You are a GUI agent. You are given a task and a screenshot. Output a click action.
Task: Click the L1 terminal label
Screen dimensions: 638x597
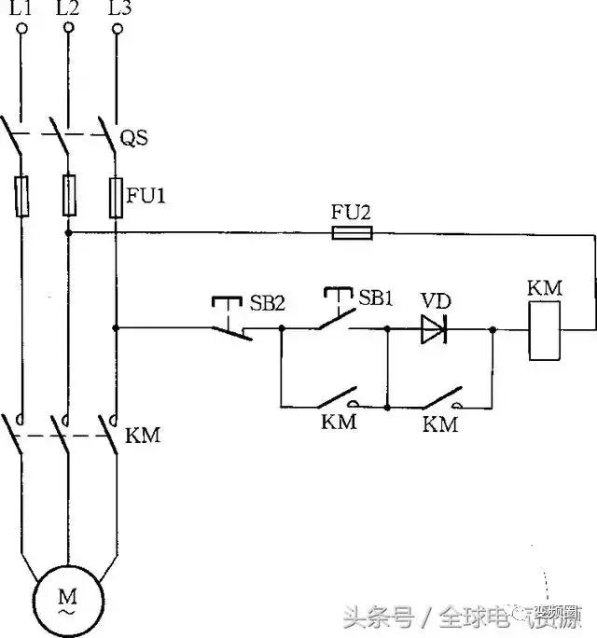click(21, 9)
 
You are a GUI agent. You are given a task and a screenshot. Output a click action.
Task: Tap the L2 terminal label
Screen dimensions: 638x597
click(68, 9)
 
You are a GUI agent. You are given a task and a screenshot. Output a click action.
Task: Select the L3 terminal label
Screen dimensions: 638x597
click(118, 9)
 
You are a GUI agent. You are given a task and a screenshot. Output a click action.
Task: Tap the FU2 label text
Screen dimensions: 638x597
click(352, 211)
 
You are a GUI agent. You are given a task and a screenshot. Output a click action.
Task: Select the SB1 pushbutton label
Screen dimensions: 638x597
click(376, 299)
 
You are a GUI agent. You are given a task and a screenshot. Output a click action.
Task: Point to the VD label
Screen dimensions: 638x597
click(435, 301)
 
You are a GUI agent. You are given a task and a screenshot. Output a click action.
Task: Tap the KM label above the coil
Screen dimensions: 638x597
click(545, 287)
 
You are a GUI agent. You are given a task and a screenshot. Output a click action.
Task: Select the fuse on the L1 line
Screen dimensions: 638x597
click(21, 196)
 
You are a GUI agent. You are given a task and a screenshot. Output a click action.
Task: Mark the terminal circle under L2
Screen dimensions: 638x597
click(68, 31)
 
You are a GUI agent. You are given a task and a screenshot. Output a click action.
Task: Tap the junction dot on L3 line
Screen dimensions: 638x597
click(116, 328)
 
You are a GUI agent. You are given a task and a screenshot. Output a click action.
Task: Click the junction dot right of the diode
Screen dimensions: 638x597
click(493, 328)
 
